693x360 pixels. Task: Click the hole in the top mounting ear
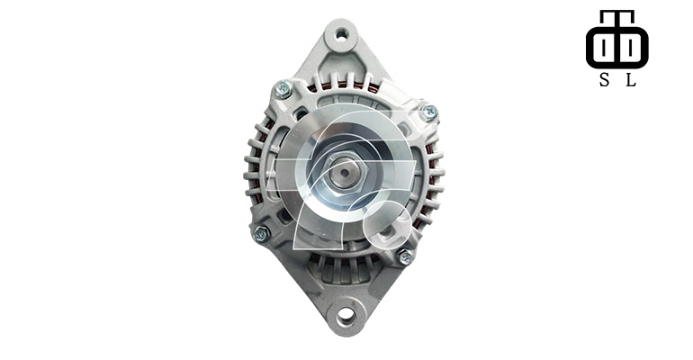[x=341, y=34]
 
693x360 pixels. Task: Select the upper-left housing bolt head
[x=283, y=89]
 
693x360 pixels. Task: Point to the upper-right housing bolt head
[x=428, y=112]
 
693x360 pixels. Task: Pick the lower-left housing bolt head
[x=261, y=233]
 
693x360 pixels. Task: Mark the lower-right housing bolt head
[x=405, y=256]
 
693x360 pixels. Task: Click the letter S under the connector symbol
[x=604, y=80]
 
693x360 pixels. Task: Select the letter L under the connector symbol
[x=631, y=80]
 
